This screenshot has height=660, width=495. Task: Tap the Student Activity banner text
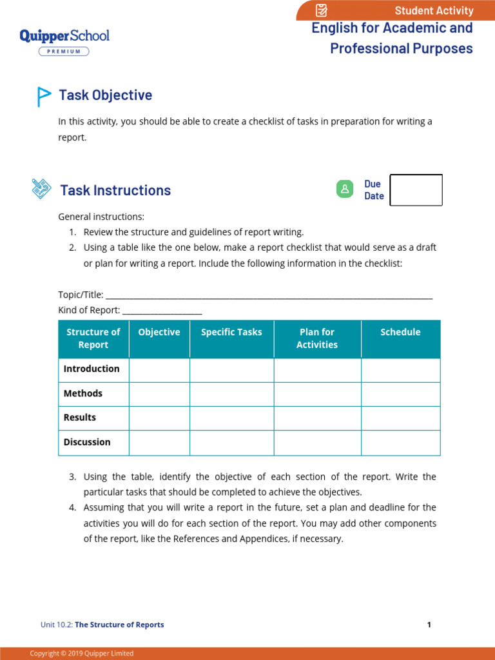point(434,10)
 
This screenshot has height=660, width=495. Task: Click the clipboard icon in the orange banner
point(322,10)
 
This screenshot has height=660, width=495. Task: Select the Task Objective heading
point(106,95)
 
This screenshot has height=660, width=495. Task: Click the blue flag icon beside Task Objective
point(43,96)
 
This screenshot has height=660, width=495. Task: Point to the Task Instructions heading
point(115,190)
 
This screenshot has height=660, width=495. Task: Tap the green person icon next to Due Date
point(345,189)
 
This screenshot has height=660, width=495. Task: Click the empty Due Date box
point(416,190)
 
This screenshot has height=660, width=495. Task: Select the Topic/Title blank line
point(268,296)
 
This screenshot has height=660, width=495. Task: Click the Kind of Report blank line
point(162,311)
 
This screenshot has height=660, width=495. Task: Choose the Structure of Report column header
point(93,338)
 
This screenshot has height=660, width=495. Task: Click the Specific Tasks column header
point(231,333)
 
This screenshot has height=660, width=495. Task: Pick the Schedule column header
point(400,333)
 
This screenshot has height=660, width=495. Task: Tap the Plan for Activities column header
point(317,338)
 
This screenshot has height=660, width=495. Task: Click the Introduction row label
point(92,369)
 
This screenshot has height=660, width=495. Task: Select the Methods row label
point(83,394)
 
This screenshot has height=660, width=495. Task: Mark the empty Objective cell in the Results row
point(159,418)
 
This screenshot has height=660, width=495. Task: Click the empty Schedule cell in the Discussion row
point(400,443)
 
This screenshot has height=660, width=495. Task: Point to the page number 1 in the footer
point(429,625)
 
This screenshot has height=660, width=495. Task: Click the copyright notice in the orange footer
point(82,654)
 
